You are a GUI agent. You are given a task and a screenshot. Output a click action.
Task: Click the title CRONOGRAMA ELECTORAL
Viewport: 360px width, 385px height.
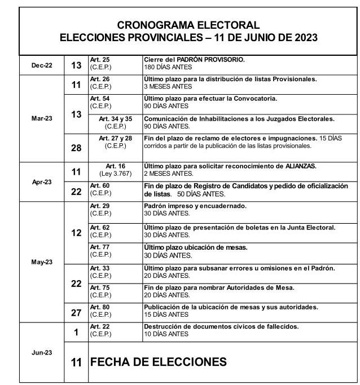tap(188, 25)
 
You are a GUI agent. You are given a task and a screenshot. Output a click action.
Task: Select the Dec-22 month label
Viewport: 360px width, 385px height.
tap(42, 65)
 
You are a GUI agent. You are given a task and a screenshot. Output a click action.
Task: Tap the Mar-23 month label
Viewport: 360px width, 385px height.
tap(42, 118)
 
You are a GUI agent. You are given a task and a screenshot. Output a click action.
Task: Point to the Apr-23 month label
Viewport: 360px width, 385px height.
tap(42, 182)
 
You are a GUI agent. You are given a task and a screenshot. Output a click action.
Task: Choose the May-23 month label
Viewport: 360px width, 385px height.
tap(42, 262)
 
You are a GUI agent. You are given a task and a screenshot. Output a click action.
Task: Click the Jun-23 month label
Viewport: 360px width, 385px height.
tap(42, 352)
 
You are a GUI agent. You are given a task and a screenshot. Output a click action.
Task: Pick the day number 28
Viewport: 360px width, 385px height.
tap(76, 148)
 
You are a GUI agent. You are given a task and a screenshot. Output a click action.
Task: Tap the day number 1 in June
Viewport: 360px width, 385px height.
tap(76, 333)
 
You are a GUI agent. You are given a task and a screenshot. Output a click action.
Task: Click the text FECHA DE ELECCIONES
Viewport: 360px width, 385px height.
tap(159, 362)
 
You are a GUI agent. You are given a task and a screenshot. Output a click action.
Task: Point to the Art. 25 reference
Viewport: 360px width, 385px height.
tap(100, 59)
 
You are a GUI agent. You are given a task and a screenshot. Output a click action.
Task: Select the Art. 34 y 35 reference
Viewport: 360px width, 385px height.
tap(115, 119)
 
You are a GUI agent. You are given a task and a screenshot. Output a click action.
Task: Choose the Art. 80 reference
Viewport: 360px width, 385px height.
tap(100, 307)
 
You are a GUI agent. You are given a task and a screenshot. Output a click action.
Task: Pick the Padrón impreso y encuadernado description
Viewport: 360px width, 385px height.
tap(195, 206)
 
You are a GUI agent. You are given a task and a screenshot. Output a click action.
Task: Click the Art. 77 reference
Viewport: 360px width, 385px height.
tap(100, 247)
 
